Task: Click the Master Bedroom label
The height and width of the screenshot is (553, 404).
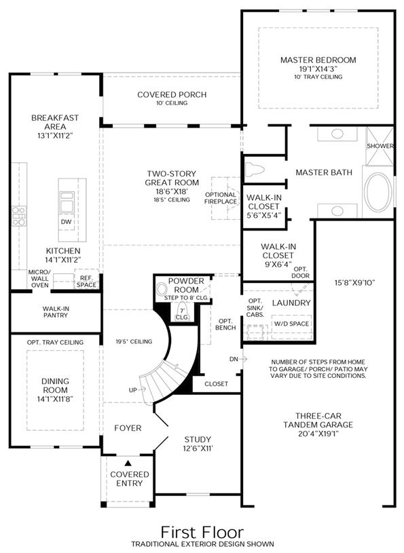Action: click(x=318, y=60)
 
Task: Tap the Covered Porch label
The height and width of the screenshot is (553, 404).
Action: click(x=172, y=94)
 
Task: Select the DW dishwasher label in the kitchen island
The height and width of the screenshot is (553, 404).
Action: click(x=66, y=222)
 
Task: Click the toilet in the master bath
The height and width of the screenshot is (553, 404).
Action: click(x=255, y=169)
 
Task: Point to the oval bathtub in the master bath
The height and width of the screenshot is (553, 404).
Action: click(x=378, y=193)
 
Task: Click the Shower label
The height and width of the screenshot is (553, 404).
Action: click(x=380, y=146)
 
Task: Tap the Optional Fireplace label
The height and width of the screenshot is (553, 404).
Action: click(x=221, y=198)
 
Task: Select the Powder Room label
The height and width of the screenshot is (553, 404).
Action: click(x=186, y=285)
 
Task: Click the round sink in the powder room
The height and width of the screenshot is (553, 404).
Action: click(x=163, y=290)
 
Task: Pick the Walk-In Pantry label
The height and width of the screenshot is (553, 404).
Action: click(x=56, y=311)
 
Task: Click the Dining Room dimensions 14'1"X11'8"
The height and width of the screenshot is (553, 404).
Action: click(x=56, y=399)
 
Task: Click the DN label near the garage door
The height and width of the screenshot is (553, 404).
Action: click(x=234, y=359)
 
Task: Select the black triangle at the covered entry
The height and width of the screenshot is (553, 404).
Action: click(x=128, y=463)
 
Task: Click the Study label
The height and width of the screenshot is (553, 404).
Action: click(x=198, y=440)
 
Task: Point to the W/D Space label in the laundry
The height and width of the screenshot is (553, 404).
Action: click(x=292, y=324)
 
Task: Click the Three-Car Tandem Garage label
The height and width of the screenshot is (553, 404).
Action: click(x=318, y=421)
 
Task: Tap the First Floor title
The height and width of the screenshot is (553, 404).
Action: click(x=202, y=532)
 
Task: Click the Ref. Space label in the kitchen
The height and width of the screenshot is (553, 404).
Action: click(x=86, y=282)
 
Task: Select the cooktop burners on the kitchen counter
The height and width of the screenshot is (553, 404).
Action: click(x=19, y=216)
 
